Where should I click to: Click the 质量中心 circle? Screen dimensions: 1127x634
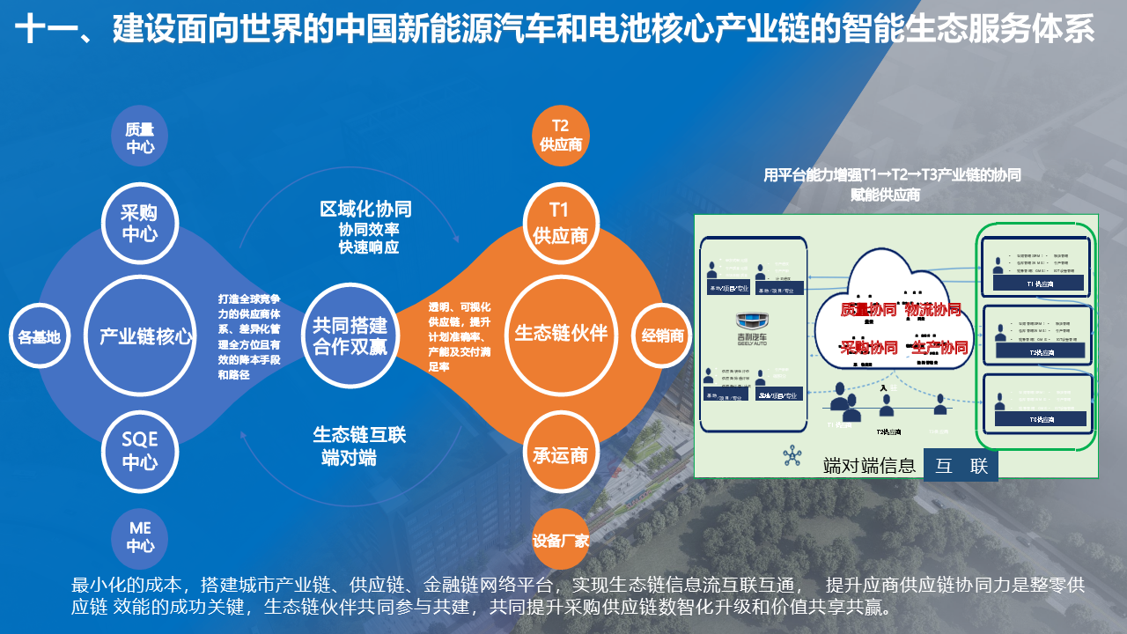(140, 138)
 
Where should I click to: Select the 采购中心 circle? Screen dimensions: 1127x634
(140, 224)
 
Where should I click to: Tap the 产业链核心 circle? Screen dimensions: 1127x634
(145, 335)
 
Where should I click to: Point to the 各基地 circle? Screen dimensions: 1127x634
(40, 336)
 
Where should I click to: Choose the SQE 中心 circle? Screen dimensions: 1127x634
(140, 449)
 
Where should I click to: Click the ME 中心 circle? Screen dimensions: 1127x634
(141, 536)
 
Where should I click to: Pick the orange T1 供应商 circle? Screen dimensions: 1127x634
(561, 223)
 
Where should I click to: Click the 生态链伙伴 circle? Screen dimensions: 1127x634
(561, 334)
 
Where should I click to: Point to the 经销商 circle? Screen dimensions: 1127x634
(662, 335)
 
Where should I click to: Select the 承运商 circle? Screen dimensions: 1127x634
(560, 454)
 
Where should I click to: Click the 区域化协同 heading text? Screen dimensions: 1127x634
(365, 209)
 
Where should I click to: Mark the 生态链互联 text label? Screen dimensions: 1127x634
(359, 435)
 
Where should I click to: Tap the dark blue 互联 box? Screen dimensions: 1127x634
(961, 466)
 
